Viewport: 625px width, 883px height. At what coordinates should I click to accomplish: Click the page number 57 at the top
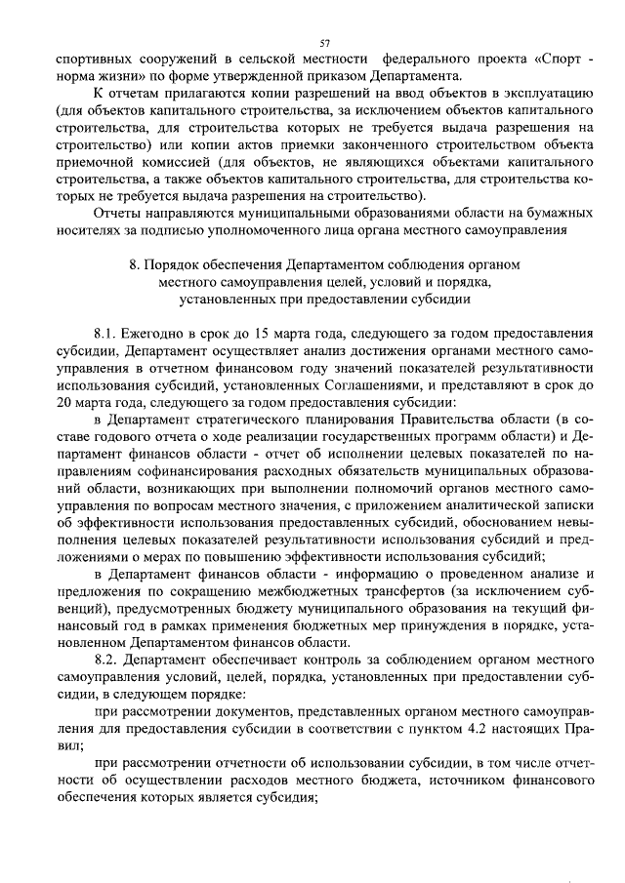click(x=326, y=43)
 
